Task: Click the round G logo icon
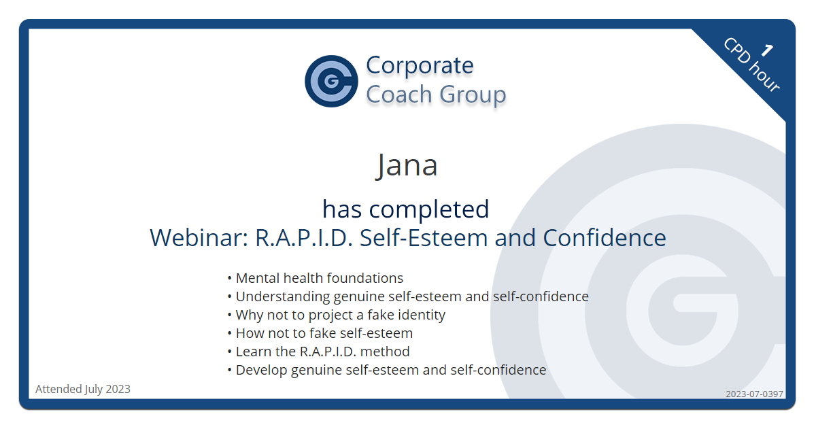(331, 82)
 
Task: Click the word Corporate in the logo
(420, 65)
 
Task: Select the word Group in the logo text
(473, 95)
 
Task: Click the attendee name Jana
(407, 165)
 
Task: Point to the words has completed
(406, 209)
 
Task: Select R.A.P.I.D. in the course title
(304, 238)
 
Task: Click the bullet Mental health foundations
(318, 278)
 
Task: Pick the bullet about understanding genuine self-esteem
(411, 296)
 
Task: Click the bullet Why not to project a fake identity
(340, 315)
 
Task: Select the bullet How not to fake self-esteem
(324, 333)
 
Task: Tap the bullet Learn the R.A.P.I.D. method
(322, 352)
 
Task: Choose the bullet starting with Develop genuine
(390, 370)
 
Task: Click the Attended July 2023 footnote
(83, 390)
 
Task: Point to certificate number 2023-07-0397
(754, 394)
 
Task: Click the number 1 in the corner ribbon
(767, 50)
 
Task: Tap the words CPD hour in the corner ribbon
(751, 65)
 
